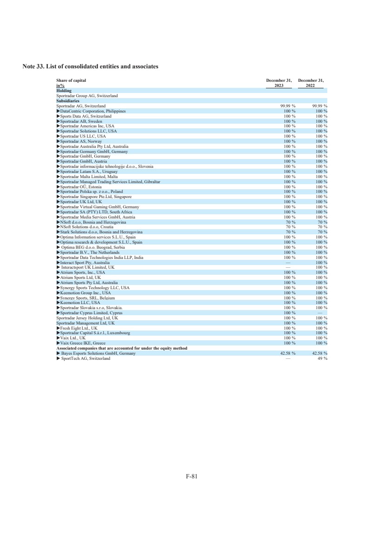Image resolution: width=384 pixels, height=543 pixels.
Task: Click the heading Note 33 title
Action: [91, 66]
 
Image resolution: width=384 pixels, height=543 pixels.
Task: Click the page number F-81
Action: [192, 476]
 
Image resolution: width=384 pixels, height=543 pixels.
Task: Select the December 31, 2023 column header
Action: [279, 83]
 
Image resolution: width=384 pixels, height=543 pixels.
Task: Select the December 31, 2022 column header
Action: [311, 83]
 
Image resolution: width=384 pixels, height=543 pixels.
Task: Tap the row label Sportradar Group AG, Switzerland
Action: [87, 96]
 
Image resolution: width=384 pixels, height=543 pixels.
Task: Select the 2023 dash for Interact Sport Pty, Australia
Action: [288, 262]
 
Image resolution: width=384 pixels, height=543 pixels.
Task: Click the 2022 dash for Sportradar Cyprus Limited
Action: [320, 313]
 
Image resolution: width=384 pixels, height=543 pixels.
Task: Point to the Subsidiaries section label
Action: [68, 101]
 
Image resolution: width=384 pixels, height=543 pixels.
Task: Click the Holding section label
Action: [64, 91]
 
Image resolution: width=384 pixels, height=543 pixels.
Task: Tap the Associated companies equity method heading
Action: [121, 348]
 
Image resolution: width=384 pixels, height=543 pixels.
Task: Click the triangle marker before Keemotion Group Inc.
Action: [58, 293]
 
